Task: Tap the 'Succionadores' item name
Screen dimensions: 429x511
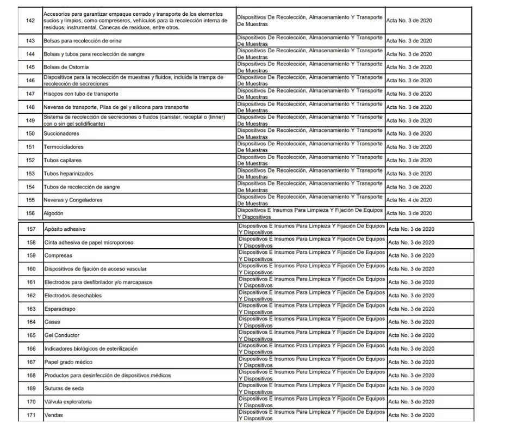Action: (61, 134)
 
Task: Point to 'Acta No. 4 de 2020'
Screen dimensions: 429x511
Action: (409, 200)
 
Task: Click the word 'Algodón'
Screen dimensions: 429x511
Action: (55, 213)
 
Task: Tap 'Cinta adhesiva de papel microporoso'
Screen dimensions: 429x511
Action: (89, 243)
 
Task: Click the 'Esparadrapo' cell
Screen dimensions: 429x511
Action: (61, 309)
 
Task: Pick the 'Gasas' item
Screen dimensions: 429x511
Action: (52, 322)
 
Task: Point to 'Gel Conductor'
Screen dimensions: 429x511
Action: (62, 335)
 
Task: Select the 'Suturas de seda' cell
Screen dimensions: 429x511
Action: (64, 389)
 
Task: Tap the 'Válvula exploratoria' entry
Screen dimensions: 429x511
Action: (68, 402)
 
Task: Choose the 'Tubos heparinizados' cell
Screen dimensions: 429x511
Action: (68, 174)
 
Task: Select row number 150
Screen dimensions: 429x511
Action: (30, 134)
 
